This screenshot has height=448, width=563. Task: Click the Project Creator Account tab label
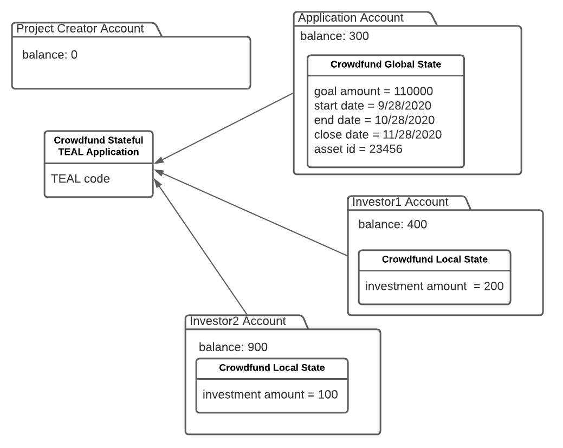click(x=80, y=29)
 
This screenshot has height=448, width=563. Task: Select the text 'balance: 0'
click(x=50, y=55)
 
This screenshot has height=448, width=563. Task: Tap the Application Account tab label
click(x=351, y=18)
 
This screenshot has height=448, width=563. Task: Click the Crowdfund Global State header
click(x=385, y=64)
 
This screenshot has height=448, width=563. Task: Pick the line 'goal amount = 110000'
click(x=373, y=91)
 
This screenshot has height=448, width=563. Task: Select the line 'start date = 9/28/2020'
click(x=373, y=105)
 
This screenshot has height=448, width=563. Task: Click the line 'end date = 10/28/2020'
click(x=374, y=120)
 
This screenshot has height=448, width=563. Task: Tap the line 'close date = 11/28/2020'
click(x=378, y=134)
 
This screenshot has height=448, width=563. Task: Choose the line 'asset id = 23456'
click(x=358, y=148)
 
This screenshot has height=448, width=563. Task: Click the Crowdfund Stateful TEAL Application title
click(x=99, y=146)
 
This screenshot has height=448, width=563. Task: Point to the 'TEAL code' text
click(x=80, y=178)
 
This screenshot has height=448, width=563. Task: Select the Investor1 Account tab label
click(x=400, y=202)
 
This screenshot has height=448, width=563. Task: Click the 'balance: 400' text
click(x=392, y=224)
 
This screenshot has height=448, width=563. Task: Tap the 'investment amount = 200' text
click(x=434, y=285)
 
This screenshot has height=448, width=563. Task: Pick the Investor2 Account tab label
click(x=237, y=321)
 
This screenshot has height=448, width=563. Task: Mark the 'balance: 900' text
click(x=233, y=347)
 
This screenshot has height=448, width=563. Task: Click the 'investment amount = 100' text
click(x=270, y=394)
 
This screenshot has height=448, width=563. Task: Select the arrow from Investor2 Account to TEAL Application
click(x=202, y=246)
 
